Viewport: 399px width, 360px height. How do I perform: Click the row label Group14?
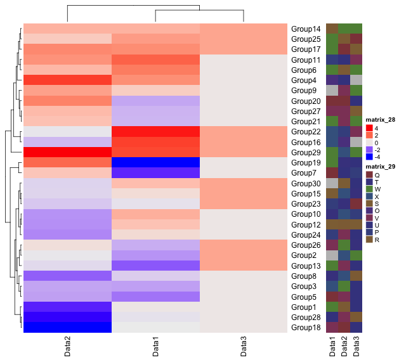click(x=306, y=29)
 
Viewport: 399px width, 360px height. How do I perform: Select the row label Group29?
click(x=306, y=153)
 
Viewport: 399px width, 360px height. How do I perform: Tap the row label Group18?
click(x=306, y=328)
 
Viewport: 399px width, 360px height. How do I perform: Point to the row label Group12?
click(x=306, y=225)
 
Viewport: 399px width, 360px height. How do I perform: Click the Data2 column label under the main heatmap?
click(x=67, y=347)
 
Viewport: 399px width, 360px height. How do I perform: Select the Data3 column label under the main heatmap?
click(x=244, y=347)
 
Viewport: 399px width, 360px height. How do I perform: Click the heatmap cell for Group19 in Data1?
click(x=155, y=162)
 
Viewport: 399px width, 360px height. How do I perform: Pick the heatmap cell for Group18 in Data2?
click(x=67, y=327)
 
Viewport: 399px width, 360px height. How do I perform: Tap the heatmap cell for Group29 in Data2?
click(x=67, y=152)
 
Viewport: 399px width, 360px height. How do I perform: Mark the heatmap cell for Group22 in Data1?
click(x=155, y=131)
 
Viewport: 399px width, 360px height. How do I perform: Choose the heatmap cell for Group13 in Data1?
click(x=155, y=266)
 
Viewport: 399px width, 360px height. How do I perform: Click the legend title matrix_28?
click(x=380, y=120)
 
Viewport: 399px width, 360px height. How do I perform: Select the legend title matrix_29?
click(x=380, y=167)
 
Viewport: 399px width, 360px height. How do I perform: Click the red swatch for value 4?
click(x=369, y=128)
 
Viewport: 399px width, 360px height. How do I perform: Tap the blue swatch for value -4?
click(x=369, y=157)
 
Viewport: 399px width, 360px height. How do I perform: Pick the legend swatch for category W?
click(x=369, y=189)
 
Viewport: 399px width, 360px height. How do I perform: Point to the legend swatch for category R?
click(x=369, y=240)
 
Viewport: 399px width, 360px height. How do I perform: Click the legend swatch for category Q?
click(x=369, y=175)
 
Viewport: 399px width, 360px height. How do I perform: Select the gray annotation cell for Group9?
click(x=332, y=90)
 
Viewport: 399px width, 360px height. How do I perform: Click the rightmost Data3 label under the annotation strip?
click(x=356, y=347)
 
